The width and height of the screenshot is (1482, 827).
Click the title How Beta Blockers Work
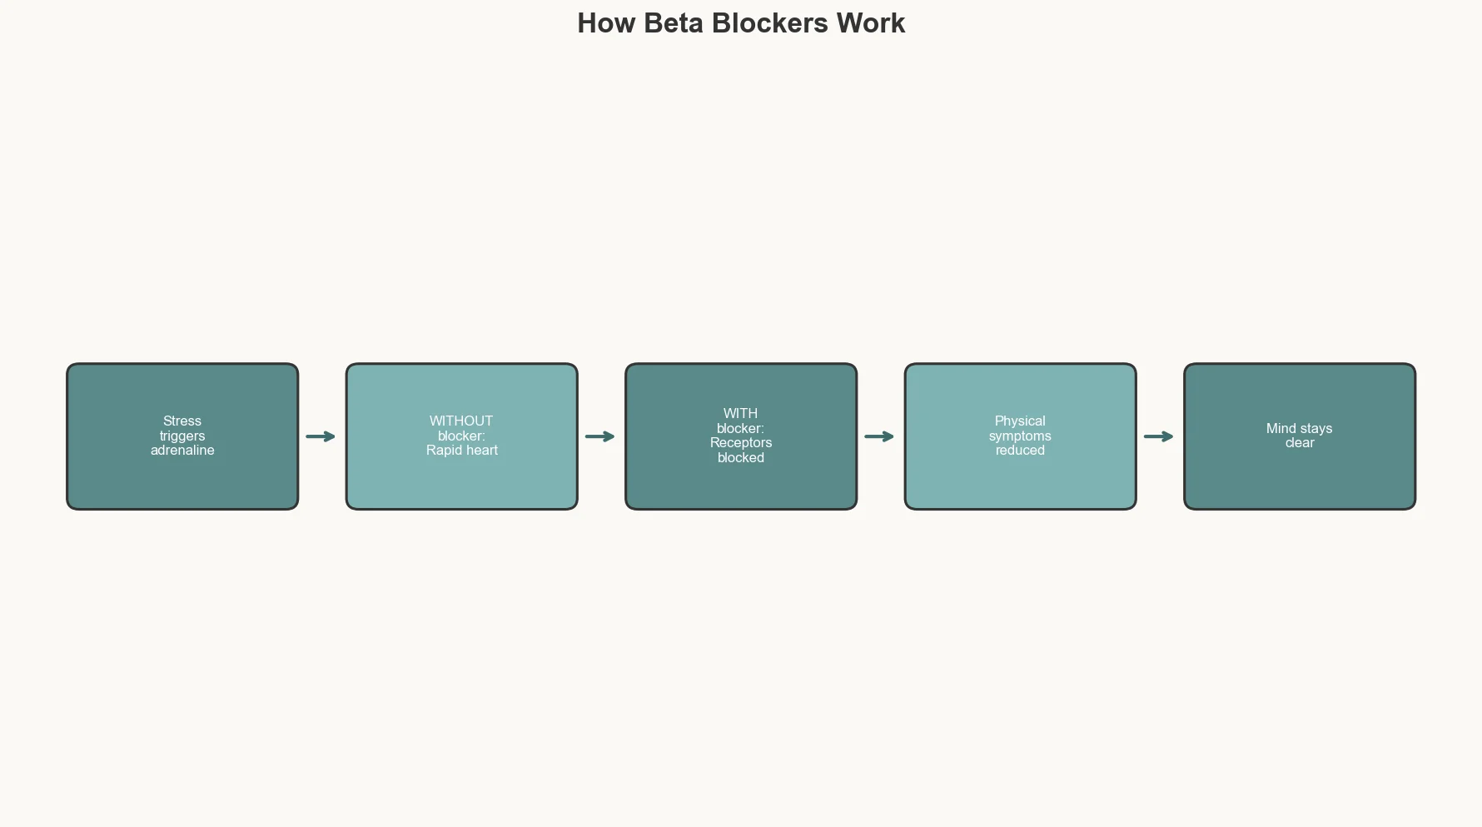(x=741, y=23)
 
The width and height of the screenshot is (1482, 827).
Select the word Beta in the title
(x=674, y=23)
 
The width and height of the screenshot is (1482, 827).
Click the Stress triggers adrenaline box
(x=182, y=483)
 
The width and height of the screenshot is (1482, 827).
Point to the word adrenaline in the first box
(x=182, y=451)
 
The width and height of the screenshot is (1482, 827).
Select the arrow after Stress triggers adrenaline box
(x=321, y=436)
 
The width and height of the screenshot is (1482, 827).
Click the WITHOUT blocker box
(x=462, y=483)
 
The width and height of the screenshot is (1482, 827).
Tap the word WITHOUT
(x=461, y=421)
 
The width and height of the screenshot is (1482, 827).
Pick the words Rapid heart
(x=462, y=451)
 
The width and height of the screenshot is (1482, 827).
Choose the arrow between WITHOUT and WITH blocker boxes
(x=599, y=436)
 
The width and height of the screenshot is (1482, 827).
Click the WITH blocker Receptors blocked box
(x=741, y=491)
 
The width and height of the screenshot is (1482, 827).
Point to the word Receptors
(x=741, y=443)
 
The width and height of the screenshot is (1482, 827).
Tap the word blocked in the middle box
(x=741, y=458)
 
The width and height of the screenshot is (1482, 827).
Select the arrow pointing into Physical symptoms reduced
(x=879, y=436)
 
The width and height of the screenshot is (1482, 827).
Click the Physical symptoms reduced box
(x=1020, y=483)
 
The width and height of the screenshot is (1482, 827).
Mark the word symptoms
(x=1020, y=436)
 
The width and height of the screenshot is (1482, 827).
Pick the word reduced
(x=1020, y=451)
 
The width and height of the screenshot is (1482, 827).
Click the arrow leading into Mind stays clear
(x=1158, y=436)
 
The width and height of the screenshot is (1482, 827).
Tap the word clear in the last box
(x=1300, y=443)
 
